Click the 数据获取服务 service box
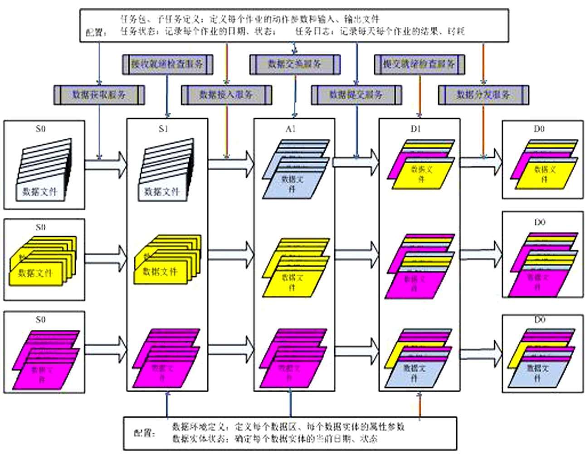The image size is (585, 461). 99,95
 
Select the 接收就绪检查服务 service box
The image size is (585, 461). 167,64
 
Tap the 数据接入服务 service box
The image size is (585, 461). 226,95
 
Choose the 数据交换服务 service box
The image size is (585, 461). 295,64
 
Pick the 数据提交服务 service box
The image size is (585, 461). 356,95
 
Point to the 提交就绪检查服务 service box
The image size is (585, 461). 419,64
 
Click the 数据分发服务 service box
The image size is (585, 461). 483,95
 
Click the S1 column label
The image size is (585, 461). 164,129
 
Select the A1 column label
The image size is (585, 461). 291,129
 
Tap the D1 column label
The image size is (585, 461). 416,129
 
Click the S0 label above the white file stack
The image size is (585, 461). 41,129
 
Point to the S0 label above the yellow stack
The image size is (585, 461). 41,227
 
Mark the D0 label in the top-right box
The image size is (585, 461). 539,129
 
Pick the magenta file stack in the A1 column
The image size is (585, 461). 292,358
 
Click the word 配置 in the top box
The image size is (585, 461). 96,33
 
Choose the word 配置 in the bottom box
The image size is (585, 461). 144,433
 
